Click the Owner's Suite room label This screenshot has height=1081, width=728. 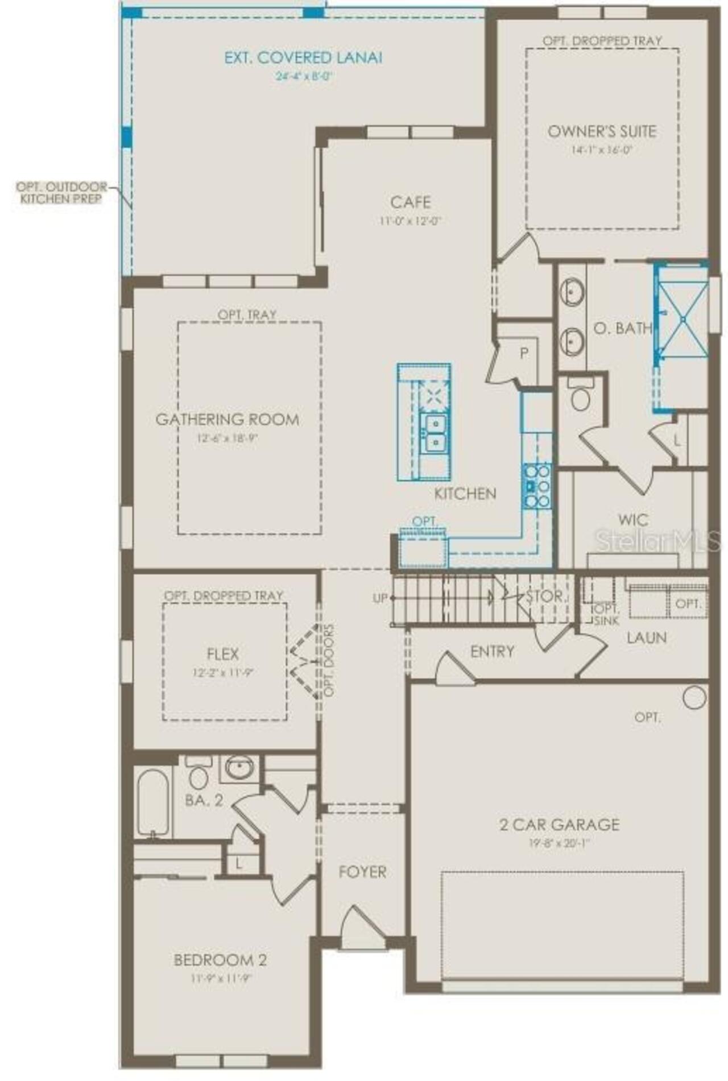pyautogui.click(x=602, y=131)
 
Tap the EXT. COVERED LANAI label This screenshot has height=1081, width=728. pyautogui.click(x=303, y=57)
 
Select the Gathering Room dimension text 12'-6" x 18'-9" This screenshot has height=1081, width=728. pyautogui.click(x=227, y=438)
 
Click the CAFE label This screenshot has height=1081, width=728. pyautogui.click(x=410, y=202)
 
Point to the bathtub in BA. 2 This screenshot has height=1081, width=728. pyautogui.click(x=152, y=802)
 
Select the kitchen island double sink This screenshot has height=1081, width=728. pyautogui.click(x=433, y=433)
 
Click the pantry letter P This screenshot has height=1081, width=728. pyautogui.click(x=524, y=353)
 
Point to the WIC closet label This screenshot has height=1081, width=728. pyautogui.click(x=633, y=519)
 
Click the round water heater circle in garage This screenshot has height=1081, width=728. pyautogui.click(x=694, y=697)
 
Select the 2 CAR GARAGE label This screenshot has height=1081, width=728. pyautogui.click(x=560, y=824)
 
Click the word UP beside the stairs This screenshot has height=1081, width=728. pyautogui.click(x=380, y=598)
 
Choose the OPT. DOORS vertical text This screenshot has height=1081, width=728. pyautogui.click(x=329, y=660)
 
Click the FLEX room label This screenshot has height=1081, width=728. pyautogui.click(x=223, y=654)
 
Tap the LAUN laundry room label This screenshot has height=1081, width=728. pyautogui.click(x=647, y=637)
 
